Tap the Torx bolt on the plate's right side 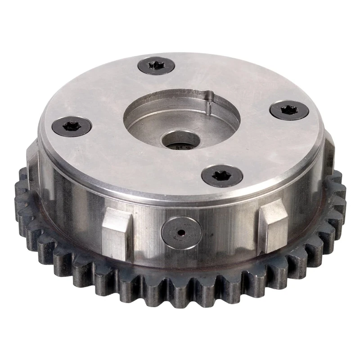tap(288, 110)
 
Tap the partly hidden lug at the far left tap(33, 160)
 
